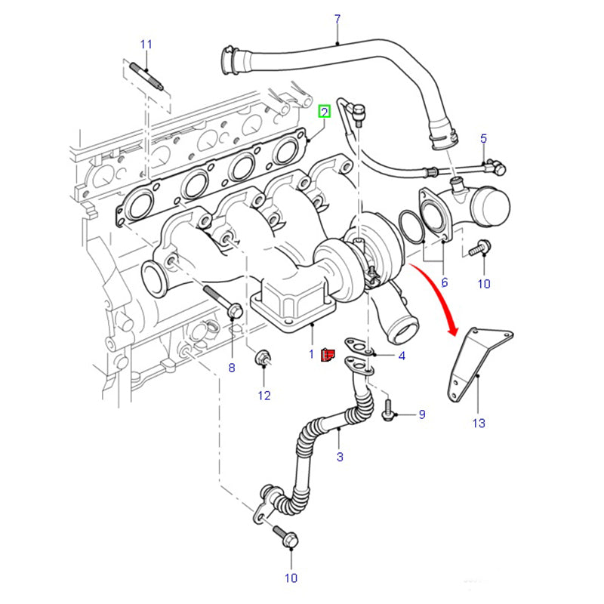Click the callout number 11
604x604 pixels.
pos(146,44)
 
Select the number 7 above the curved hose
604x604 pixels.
pos(337,18)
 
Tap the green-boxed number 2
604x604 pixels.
pos(324,112)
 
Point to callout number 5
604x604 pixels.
pos(484,138)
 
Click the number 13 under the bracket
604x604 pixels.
pos(479,423)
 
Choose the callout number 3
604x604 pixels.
pos(340,457)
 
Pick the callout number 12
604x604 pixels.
pos(264,395)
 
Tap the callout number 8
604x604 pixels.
pos(232,368)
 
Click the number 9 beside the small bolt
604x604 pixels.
pos(422,414)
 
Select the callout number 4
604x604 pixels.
pos(402,356)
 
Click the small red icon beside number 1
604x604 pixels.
pos(328,353)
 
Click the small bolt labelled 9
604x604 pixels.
pos(389,411)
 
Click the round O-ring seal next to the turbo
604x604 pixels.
pos(411,227)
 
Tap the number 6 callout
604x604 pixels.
pos(445,282)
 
